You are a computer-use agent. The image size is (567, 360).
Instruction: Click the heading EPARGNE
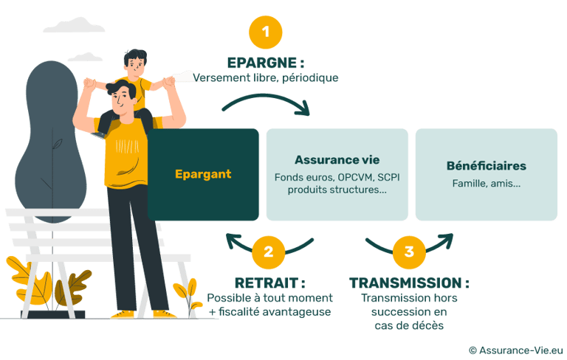tap(266, 62)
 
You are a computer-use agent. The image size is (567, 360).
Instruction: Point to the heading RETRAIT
tap(269, 283)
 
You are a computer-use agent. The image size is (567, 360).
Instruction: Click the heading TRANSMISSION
tap(409, 283)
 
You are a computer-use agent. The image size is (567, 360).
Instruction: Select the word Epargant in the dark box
tap(203, 175)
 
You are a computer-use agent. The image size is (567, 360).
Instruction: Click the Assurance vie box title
tap(336, 159)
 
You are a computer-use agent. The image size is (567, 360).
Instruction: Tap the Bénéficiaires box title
tap(486, 166)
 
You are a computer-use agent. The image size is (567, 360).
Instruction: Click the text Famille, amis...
tap(486, 183)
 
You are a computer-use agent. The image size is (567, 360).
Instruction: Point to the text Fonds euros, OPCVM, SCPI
tap(336, 178)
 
